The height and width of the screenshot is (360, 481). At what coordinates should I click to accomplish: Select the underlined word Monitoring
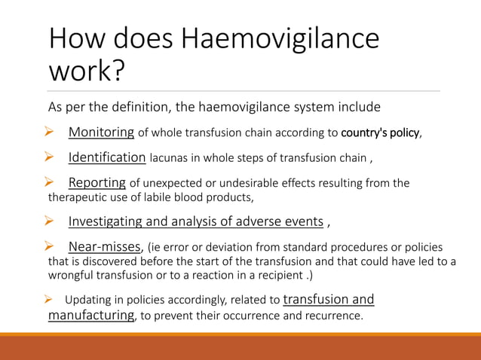[101, 133]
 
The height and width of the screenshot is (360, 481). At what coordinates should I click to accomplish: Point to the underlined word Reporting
[97, 182]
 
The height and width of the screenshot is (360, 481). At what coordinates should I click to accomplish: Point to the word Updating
[89, 301]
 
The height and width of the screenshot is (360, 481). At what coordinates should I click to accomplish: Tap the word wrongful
[75, 274]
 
